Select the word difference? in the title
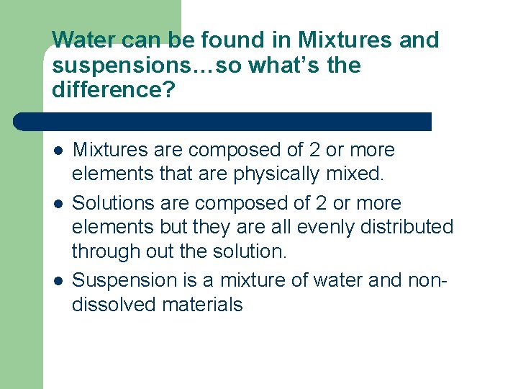(104, 91)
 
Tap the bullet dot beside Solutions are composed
(57, 204)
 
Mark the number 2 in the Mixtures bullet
(313, 151)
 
